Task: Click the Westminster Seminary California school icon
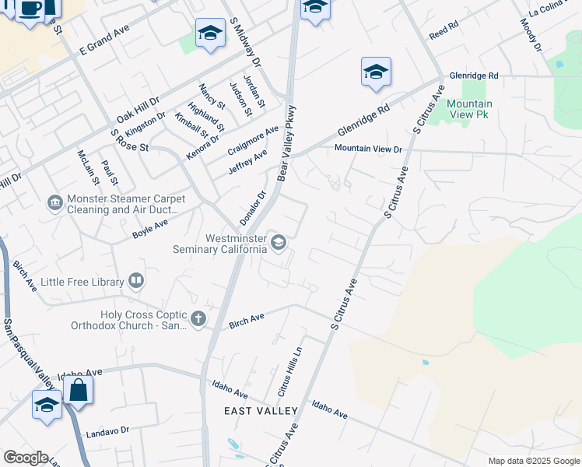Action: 278,244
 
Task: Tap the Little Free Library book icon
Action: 136,280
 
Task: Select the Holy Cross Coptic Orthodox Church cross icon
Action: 198,318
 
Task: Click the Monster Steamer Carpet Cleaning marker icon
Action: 54,203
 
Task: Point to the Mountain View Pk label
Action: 469,109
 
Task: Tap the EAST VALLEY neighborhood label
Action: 261,410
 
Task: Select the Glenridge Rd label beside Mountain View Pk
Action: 472,75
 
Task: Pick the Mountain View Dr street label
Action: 368,149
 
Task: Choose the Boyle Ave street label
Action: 150,228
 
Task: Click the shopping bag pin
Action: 79,389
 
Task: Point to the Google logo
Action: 26,458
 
